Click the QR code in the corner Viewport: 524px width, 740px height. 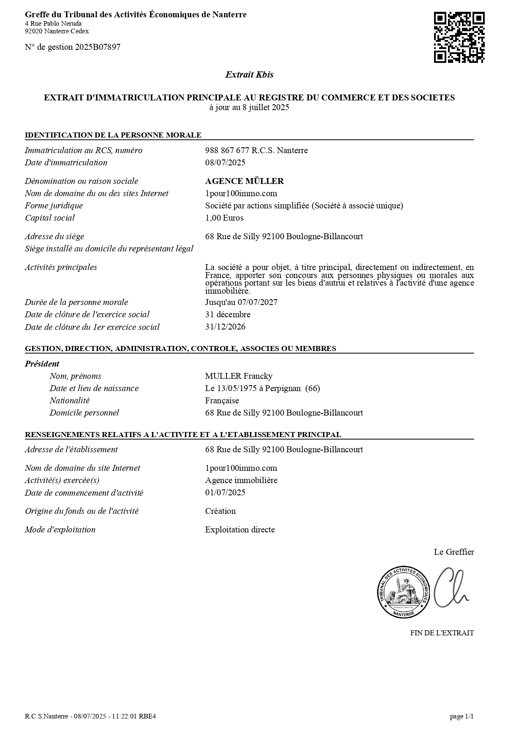point(459,38)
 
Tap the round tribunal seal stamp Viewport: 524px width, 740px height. point(403,591)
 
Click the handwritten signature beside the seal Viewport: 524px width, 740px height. point(451,588)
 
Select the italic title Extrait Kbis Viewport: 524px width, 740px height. point(249,75)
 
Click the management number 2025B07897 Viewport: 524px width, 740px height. point(98,47)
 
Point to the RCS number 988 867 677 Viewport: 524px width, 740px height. point(227,150)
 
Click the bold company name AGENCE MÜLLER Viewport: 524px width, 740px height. point(244,181)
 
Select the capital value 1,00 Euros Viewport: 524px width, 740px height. point(224,218)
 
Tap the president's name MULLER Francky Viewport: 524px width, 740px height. point(239,376)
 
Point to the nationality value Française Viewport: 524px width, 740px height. point(222,400)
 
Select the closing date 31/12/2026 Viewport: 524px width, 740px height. point(225,327)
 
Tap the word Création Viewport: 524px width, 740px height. point(220,511)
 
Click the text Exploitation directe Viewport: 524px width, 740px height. point(240,529)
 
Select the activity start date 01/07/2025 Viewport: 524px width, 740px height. point(225,492)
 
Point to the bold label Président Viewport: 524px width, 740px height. point(42,364)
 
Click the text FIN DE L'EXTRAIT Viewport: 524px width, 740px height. point(442,633)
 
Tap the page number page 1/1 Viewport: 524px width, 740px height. point(462,716)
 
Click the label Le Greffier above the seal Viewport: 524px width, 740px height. point(453,552)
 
